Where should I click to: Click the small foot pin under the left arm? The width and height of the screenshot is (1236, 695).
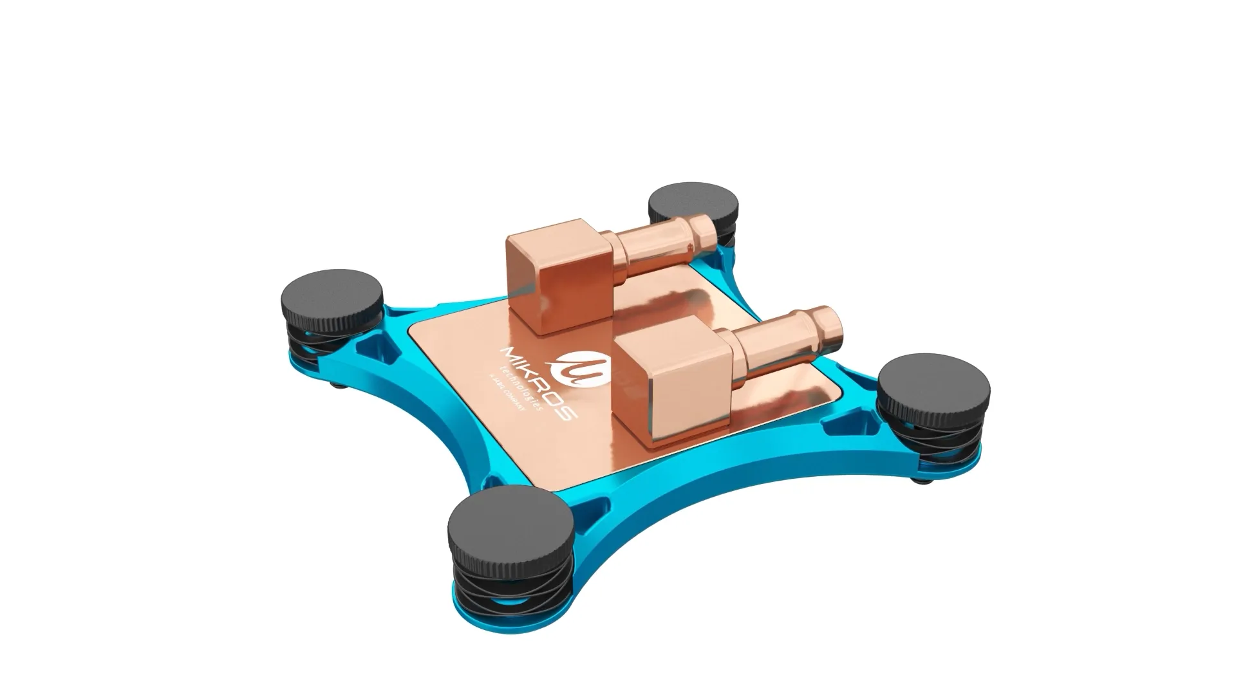(339, 386)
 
